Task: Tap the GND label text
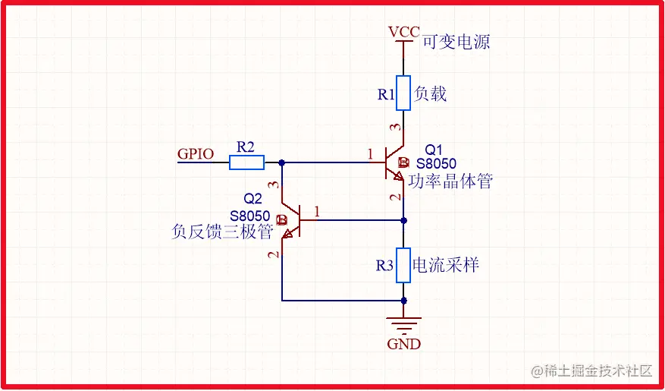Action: coord(403,344)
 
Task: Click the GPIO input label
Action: coord(196,153)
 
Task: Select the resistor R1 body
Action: coord(403,93)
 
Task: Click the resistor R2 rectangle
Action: coord(246,162)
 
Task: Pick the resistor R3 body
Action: coord(403,266)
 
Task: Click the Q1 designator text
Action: coord(433,150)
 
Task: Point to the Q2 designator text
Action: coord(253,200)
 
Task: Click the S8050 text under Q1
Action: coord(436,163)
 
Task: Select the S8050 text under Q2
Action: coord(250,216)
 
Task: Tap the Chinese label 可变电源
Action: coord(456,42)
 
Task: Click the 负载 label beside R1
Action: coord(430,93)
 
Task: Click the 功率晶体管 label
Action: coord(450,181)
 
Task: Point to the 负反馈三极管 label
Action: coord(222,232)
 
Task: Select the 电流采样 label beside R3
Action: coord(445,265)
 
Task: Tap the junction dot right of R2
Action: coord(282,162)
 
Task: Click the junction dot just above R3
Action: coord(403,220)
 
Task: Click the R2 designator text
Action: coord(246,145)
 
